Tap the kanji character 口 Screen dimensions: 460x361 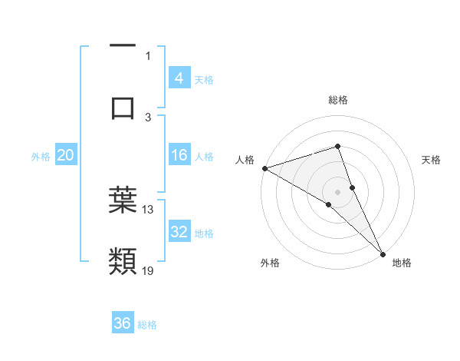click(123, 107)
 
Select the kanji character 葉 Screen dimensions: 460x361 click(123, 200)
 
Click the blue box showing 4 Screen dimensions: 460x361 click(179, 78)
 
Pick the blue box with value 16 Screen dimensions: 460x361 click(179, 155)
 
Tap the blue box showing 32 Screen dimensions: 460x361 click(179, 232)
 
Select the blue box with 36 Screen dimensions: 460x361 click(123, 323)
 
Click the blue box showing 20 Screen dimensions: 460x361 click(65, 155)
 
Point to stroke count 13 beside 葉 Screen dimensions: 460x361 click(148, 209)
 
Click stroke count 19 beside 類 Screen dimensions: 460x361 click(148, 270)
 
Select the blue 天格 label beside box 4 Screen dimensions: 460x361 click(204, 79)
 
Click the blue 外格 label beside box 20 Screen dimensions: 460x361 click(41, 156)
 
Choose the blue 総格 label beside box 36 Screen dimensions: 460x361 click(147, 324)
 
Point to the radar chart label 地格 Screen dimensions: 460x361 click(402, 263)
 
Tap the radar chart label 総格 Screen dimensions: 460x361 click(338, 100)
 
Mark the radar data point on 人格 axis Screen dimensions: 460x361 click(264, 167)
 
